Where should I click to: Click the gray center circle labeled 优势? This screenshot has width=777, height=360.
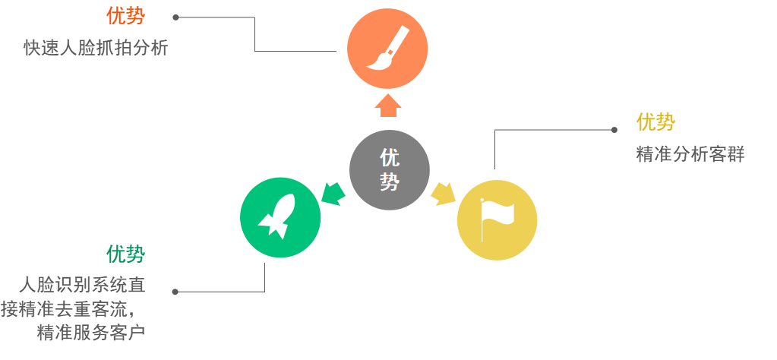(x=389, y=169)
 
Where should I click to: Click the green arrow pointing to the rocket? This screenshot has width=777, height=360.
(x=332, y=193)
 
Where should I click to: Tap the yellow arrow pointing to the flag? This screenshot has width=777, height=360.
(x=443, y=194)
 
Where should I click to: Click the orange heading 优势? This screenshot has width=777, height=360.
(x=125, y=15)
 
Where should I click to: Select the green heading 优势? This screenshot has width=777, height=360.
(x=125, y=254)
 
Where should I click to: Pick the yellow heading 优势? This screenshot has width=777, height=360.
(x=655, y=122)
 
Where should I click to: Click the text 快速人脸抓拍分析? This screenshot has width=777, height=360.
(x=95, y=48)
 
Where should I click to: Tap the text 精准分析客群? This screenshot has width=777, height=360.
(x=690, y=154)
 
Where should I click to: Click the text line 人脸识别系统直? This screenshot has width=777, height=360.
(x=82, y=285)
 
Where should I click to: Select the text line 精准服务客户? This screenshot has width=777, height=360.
(x=91, y=333)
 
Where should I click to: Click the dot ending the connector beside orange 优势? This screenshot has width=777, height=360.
(x=175, y=17)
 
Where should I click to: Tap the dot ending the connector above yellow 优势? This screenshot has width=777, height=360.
(x=614, y=130)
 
